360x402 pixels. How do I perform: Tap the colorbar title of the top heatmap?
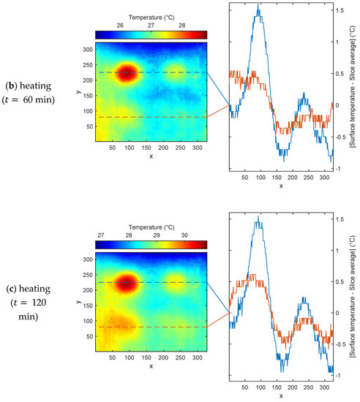pos(151,15)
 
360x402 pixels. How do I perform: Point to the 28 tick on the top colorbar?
pos(181,25)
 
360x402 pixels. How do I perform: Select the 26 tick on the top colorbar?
pos(119,25)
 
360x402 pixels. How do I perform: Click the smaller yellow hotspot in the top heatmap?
pos(175,71)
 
